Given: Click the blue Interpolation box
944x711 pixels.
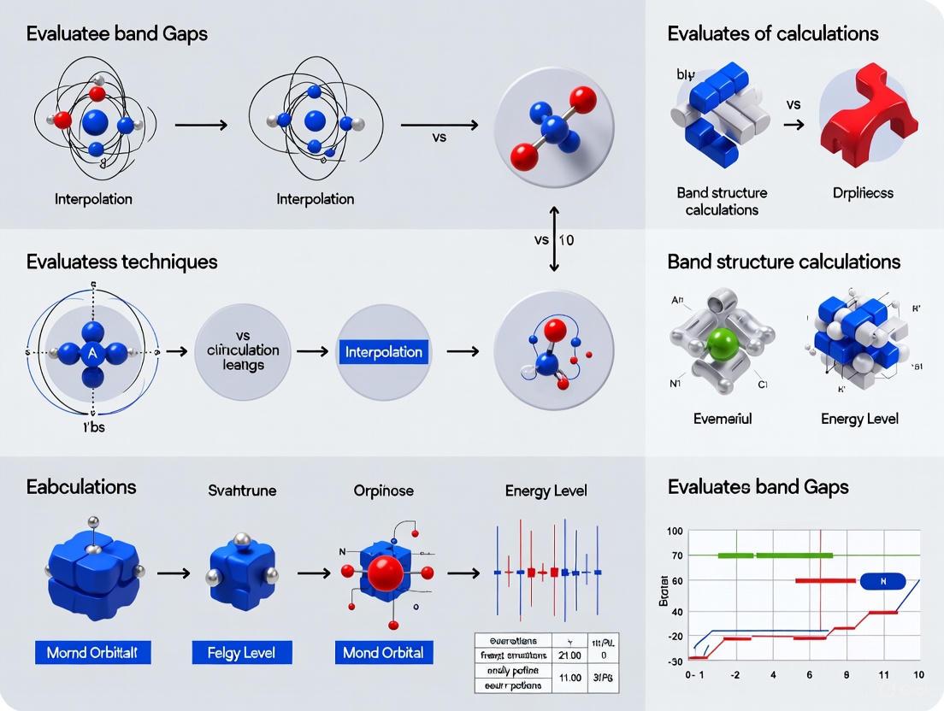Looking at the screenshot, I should [383, 351].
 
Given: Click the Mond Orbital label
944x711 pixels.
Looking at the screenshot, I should [382, 653].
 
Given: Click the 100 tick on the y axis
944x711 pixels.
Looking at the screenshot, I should [675, 532].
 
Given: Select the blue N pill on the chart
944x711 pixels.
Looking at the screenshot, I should [882, 581].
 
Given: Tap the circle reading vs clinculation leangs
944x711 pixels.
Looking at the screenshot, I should [243, 351].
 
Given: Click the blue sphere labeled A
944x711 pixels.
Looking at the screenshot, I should [91, 351].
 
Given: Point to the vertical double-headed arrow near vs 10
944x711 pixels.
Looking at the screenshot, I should [554, 239].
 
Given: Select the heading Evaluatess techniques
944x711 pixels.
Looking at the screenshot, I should [121, 261].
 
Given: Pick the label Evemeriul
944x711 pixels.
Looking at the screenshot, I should [723, 419].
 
